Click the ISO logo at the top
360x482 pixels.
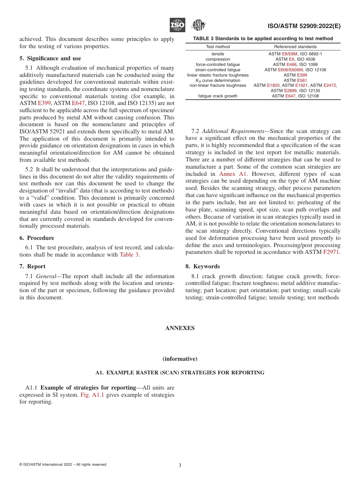tap(177, 25)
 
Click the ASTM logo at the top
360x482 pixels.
tap(198, 25)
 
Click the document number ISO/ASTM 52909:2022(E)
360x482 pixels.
tap(304, 26)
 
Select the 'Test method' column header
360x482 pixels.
tap(218, 47)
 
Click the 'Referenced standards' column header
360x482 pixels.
tap(295, 47)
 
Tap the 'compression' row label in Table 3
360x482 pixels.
tap(218, 59)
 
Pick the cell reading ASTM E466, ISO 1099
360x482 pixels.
tap(295, 64)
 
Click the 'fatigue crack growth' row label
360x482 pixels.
tap(218, 96)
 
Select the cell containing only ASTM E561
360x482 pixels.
tap(295, 80)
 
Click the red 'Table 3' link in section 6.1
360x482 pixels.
tap(129, 255)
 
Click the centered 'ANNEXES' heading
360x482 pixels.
tap(180, 328)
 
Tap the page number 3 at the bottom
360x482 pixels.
tap(180, 466)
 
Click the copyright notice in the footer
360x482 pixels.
tap(63, 465)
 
